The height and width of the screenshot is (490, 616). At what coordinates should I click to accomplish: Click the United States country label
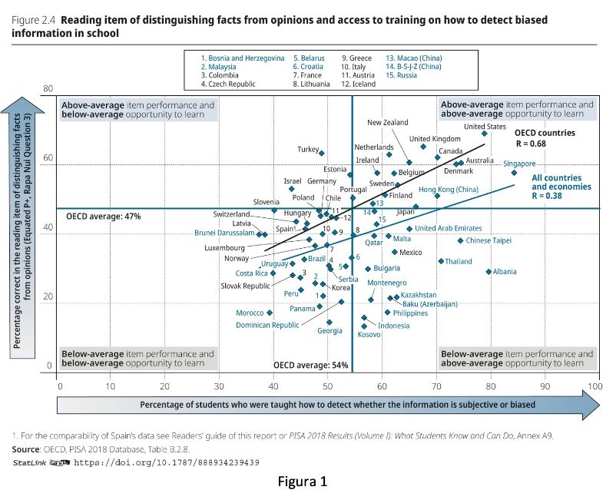[485, 127]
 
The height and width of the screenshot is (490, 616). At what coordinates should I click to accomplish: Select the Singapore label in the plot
[519, 164]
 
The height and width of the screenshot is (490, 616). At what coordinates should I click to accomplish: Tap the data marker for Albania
[488, 271]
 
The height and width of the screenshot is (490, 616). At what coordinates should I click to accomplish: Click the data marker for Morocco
[270, 313]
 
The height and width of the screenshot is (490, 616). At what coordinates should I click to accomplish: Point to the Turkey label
[307, 149]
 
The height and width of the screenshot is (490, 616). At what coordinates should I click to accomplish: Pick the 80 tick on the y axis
[48, 89]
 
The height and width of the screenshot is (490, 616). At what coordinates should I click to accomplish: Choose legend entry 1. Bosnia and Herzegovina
[243, 58]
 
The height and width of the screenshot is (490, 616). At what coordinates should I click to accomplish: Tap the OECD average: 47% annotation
[104, 217]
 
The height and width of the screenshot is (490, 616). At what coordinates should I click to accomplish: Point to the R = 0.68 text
[531, 144]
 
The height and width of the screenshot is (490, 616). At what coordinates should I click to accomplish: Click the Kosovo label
[369, 334]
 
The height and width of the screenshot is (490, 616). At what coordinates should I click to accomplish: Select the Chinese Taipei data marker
[461, 240]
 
